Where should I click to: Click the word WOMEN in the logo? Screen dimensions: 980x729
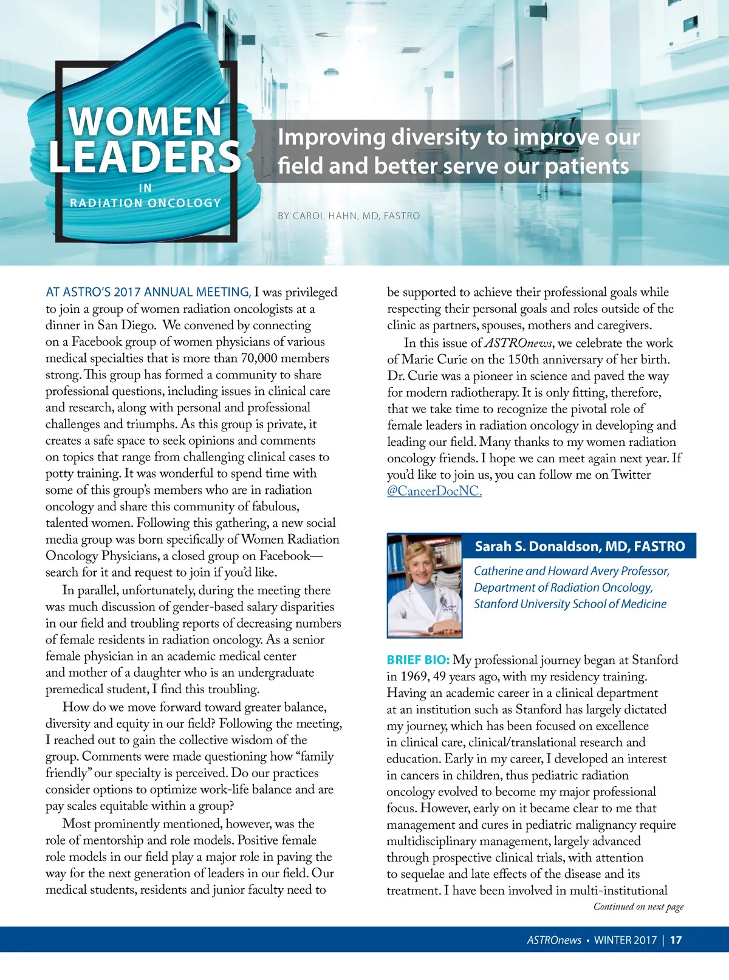(x=145, y=122)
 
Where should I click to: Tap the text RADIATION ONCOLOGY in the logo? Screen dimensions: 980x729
(x=145, y=203)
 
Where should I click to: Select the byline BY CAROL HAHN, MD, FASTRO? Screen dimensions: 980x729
(x=349, y=216)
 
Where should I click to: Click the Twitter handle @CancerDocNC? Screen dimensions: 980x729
(x=434, y=492)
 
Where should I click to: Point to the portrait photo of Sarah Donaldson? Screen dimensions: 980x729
(x=425, y=586)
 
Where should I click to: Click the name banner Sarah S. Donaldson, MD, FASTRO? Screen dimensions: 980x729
(x=580, y=546)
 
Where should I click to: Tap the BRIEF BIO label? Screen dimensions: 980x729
(x=418, y=660)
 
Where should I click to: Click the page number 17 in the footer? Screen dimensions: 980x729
(x=676, y=940)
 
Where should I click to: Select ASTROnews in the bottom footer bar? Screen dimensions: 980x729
(x=554, y=940)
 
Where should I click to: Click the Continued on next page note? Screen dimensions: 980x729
(x=638, y=906)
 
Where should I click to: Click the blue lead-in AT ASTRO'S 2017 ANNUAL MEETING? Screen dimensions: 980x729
(x=148, y=292)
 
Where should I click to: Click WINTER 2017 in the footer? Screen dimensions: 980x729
(x=625, y=940)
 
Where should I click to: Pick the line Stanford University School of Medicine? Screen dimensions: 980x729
(x=570, y=604)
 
